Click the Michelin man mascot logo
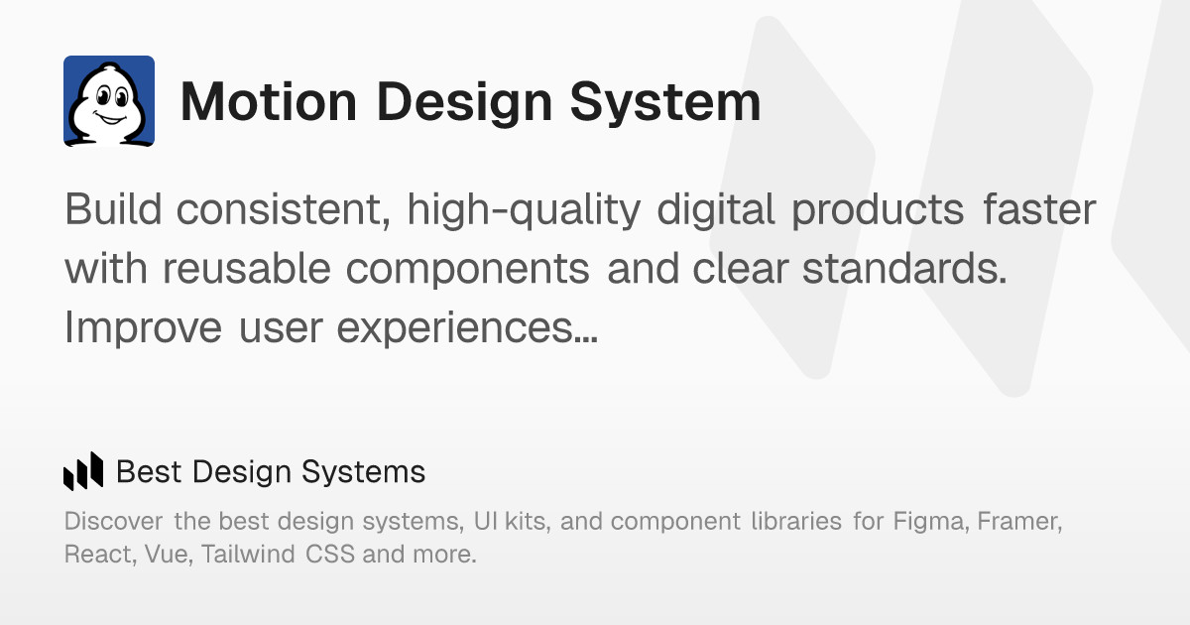(x=109, y=101)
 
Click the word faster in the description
(x=1039, y=210)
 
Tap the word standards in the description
(x=903, y=269)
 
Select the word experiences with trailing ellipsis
(x=467, y=327)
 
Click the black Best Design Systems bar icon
(x=83, y=471)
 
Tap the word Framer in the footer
(x=1020, y=521)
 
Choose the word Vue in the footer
(x=168, y=554)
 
